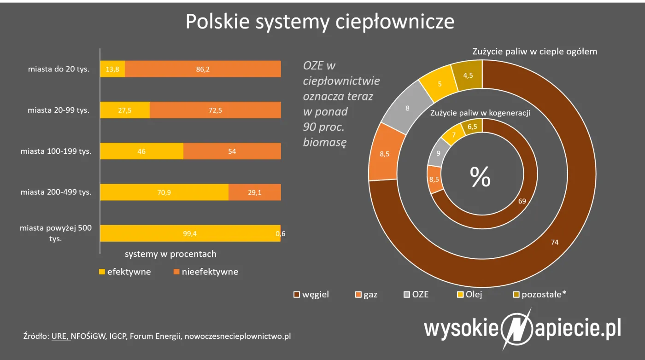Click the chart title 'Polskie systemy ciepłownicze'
320,22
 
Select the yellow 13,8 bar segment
112,69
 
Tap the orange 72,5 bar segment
215,110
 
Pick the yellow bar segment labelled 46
141,151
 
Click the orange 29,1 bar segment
255,192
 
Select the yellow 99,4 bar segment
190,233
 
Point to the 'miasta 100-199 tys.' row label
56,151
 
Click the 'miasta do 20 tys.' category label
59,69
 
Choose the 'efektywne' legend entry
125,272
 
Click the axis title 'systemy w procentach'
170,254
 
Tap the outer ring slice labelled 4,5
468,75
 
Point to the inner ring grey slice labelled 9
437,155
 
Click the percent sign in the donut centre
480,177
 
